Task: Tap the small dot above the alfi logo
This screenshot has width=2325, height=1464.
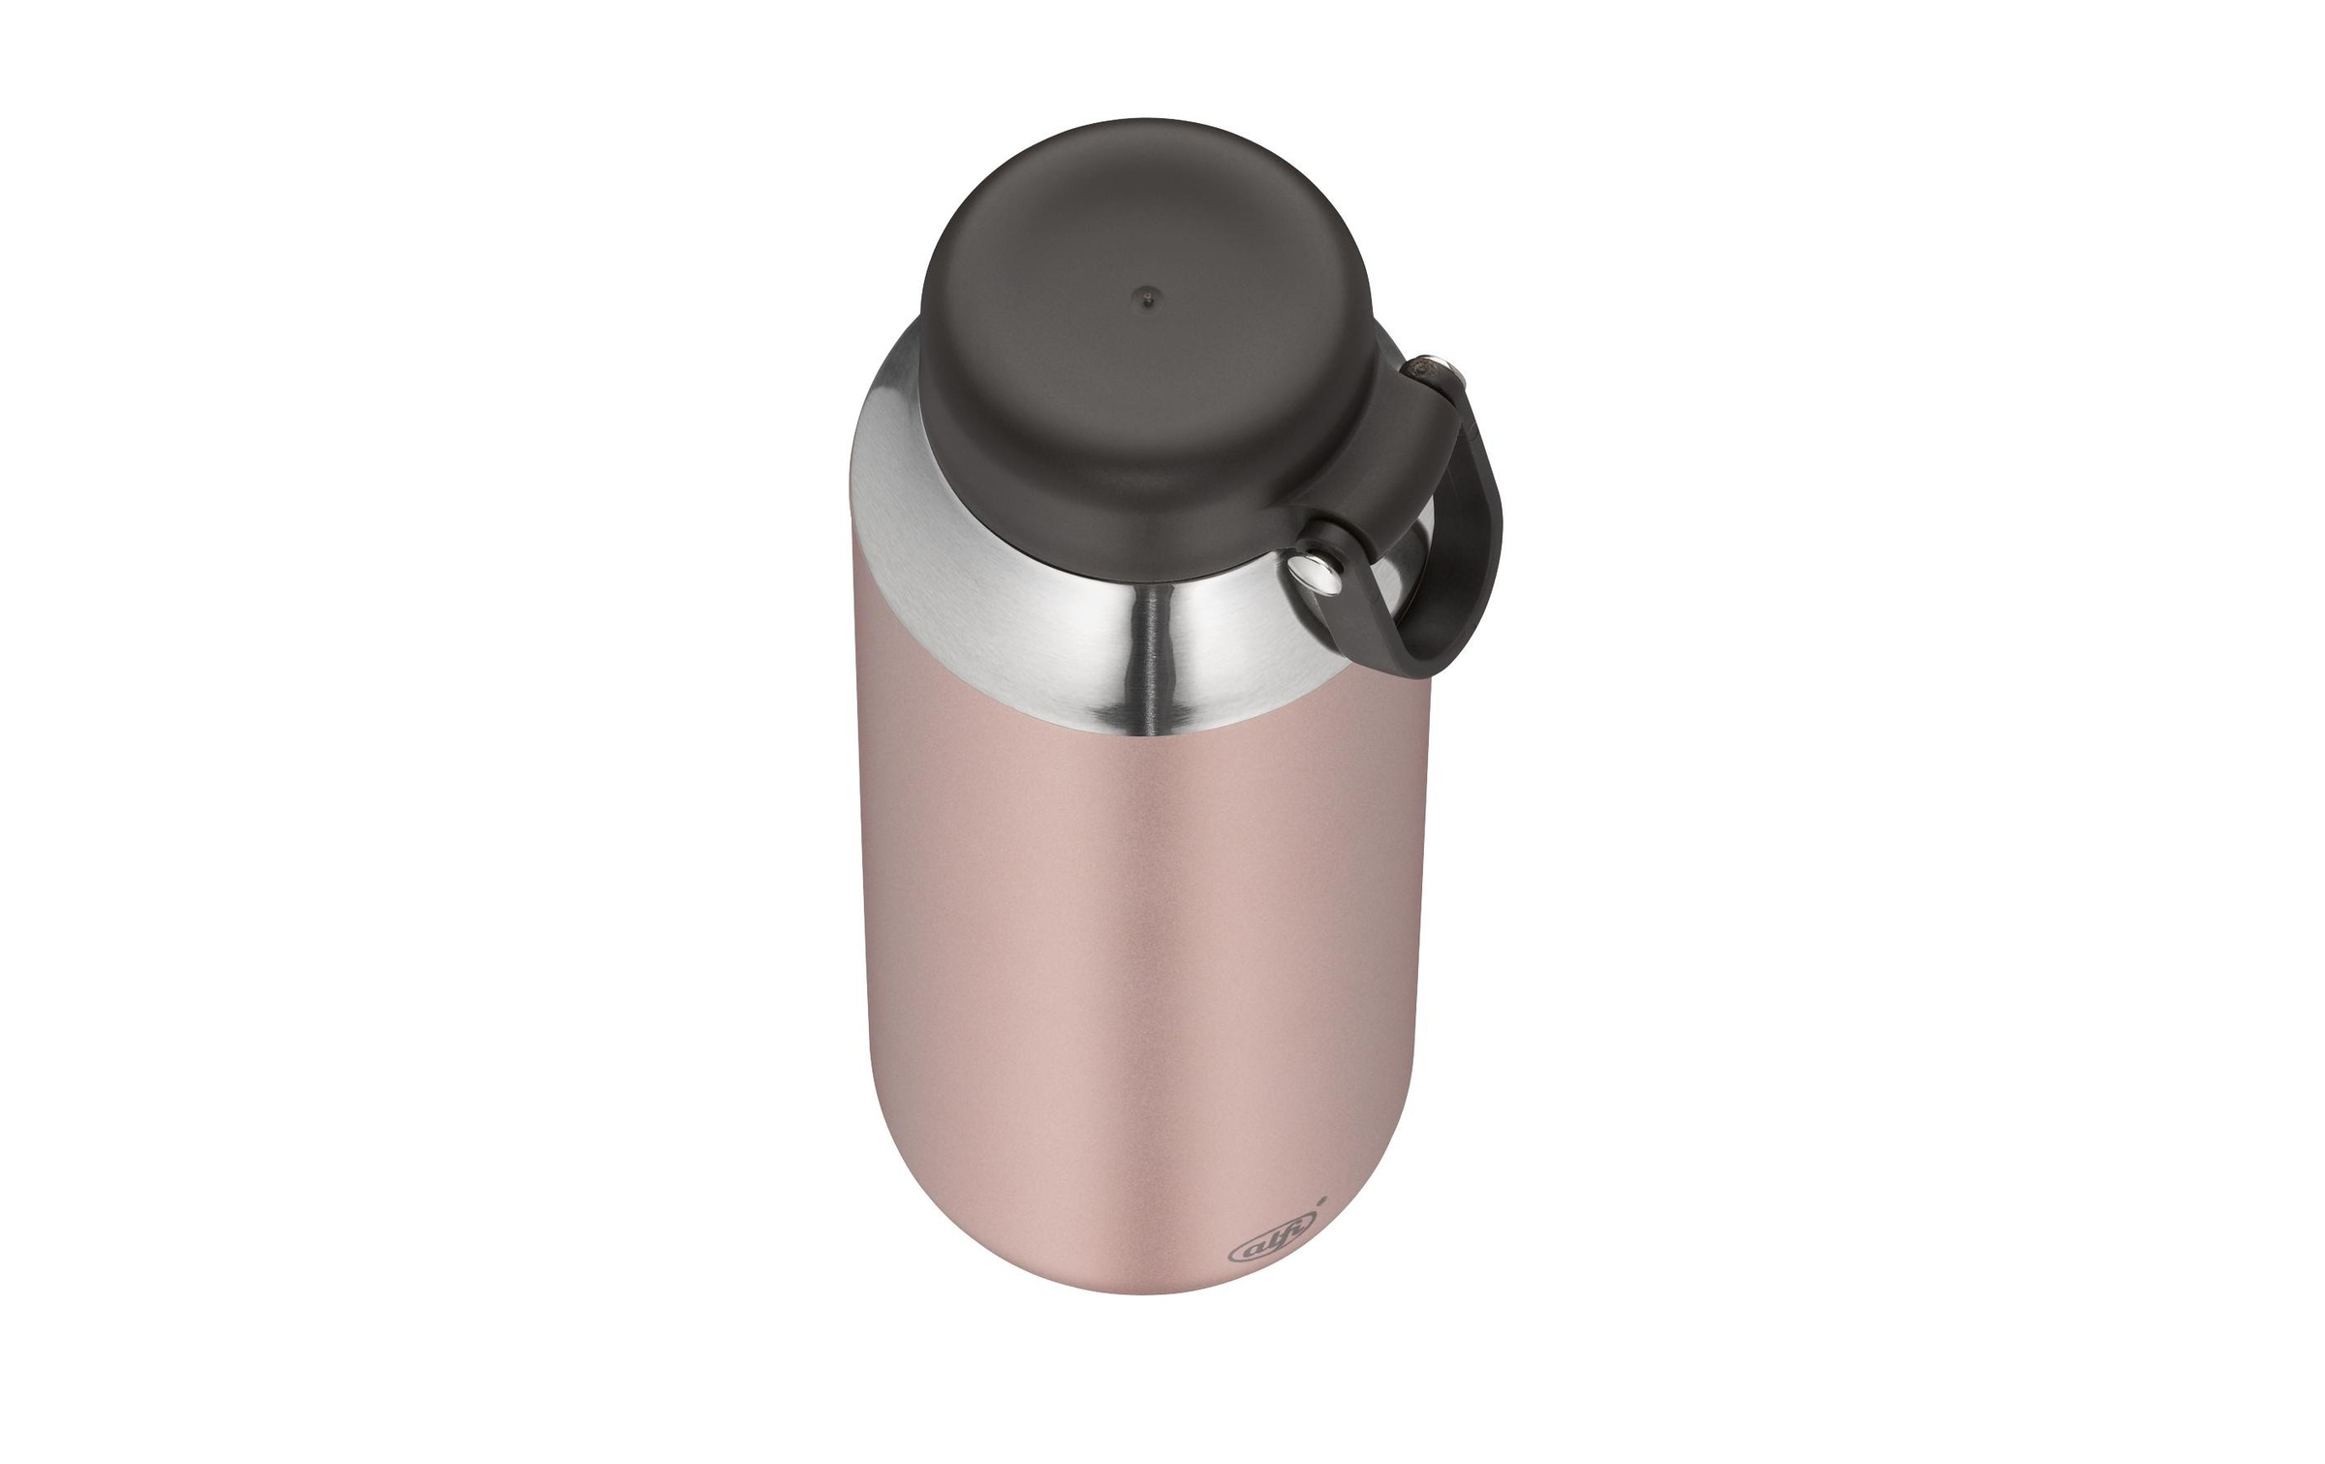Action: (x=1325, y=1198)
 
